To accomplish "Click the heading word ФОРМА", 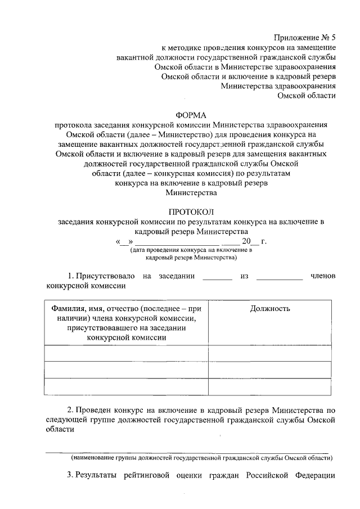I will tap(191, 115).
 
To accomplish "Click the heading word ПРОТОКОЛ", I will tap(191, 211).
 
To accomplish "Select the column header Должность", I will tap(270, 308).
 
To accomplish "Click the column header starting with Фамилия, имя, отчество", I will tap(126, 322).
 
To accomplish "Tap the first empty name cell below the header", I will tap(126, 353).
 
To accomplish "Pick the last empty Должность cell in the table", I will tap(270, 386).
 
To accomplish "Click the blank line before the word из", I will tap(217, 277).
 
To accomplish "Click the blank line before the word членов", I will tap(279, 277).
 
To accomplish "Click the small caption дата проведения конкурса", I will tap(191, 250).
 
